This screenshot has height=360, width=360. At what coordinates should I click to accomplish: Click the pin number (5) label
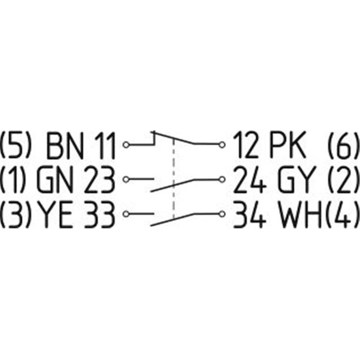click(15, 145)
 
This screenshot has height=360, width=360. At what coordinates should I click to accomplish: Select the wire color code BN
click(64, 145)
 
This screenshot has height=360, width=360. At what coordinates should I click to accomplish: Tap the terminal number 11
click(105, 145)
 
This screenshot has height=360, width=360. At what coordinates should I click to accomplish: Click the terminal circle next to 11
click(126, 145)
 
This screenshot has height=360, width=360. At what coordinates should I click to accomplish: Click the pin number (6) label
click(343, 145)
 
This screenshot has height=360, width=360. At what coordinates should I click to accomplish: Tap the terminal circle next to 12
click(222, 145)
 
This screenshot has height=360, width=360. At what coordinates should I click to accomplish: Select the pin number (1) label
click(12, 179)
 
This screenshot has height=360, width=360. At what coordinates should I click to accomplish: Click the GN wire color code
click(55, 179)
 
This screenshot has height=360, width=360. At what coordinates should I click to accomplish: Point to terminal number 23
click(99, 179)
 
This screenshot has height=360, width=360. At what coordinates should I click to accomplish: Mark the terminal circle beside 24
click(222, 179)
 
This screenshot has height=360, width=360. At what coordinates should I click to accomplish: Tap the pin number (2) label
click(343, 179)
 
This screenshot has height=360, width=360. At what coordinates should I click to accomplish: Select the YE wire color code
click(55, 214)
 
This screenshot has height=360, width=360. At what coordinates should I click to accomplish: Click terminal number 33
click(99, 214)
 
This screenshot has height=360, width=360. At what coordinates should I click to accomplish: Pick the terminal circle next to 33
click(126, 214)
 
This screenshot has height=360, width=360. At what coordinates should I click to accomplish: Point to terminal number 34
click(250, 214)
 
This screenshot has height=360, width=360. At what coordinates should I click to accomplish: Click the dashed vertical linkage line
click(174, 179)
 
